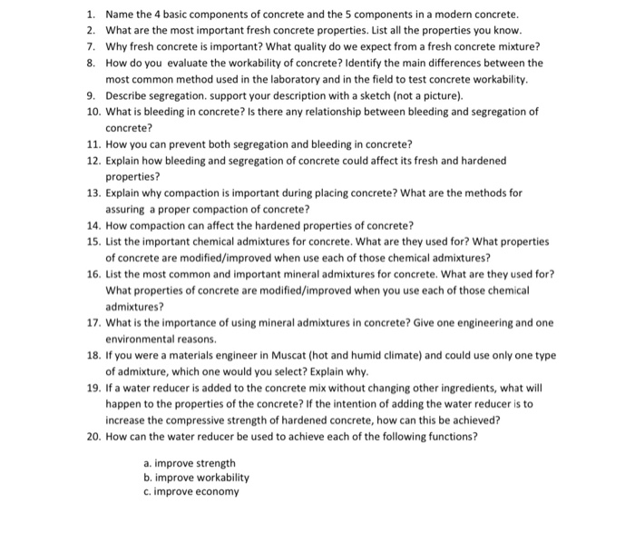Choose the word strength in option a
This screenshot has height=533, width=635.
coord(215,462)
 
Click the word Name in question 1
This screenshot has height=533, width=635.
coord(120,15)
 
